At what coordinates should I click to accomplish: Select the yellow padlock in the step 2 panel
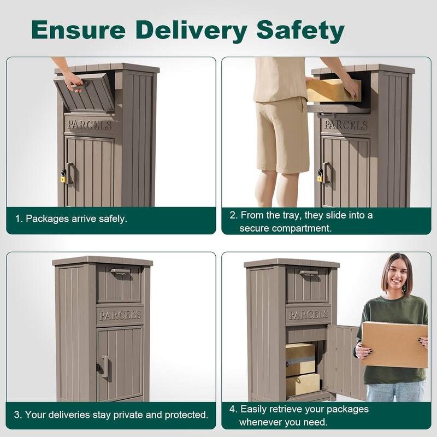[x=320, y=176]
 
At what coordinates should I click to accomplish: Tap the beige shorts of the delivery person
[x=282, y=134]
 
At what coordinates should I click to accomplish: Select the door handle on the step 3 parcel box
[x=104, y=367]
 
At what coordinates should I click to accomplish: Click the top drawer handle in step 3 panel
[x=120, y=271]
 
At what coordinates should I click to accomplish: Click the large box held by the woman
[x=394, y=344]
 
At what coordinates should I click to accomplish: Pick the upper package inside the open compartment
[x=300, y=358]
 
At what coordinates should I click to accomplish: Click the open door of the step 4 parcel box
[x=342, y=361]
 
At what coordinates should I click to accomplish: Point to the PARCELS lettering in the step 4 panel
[x=308, y=315]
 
